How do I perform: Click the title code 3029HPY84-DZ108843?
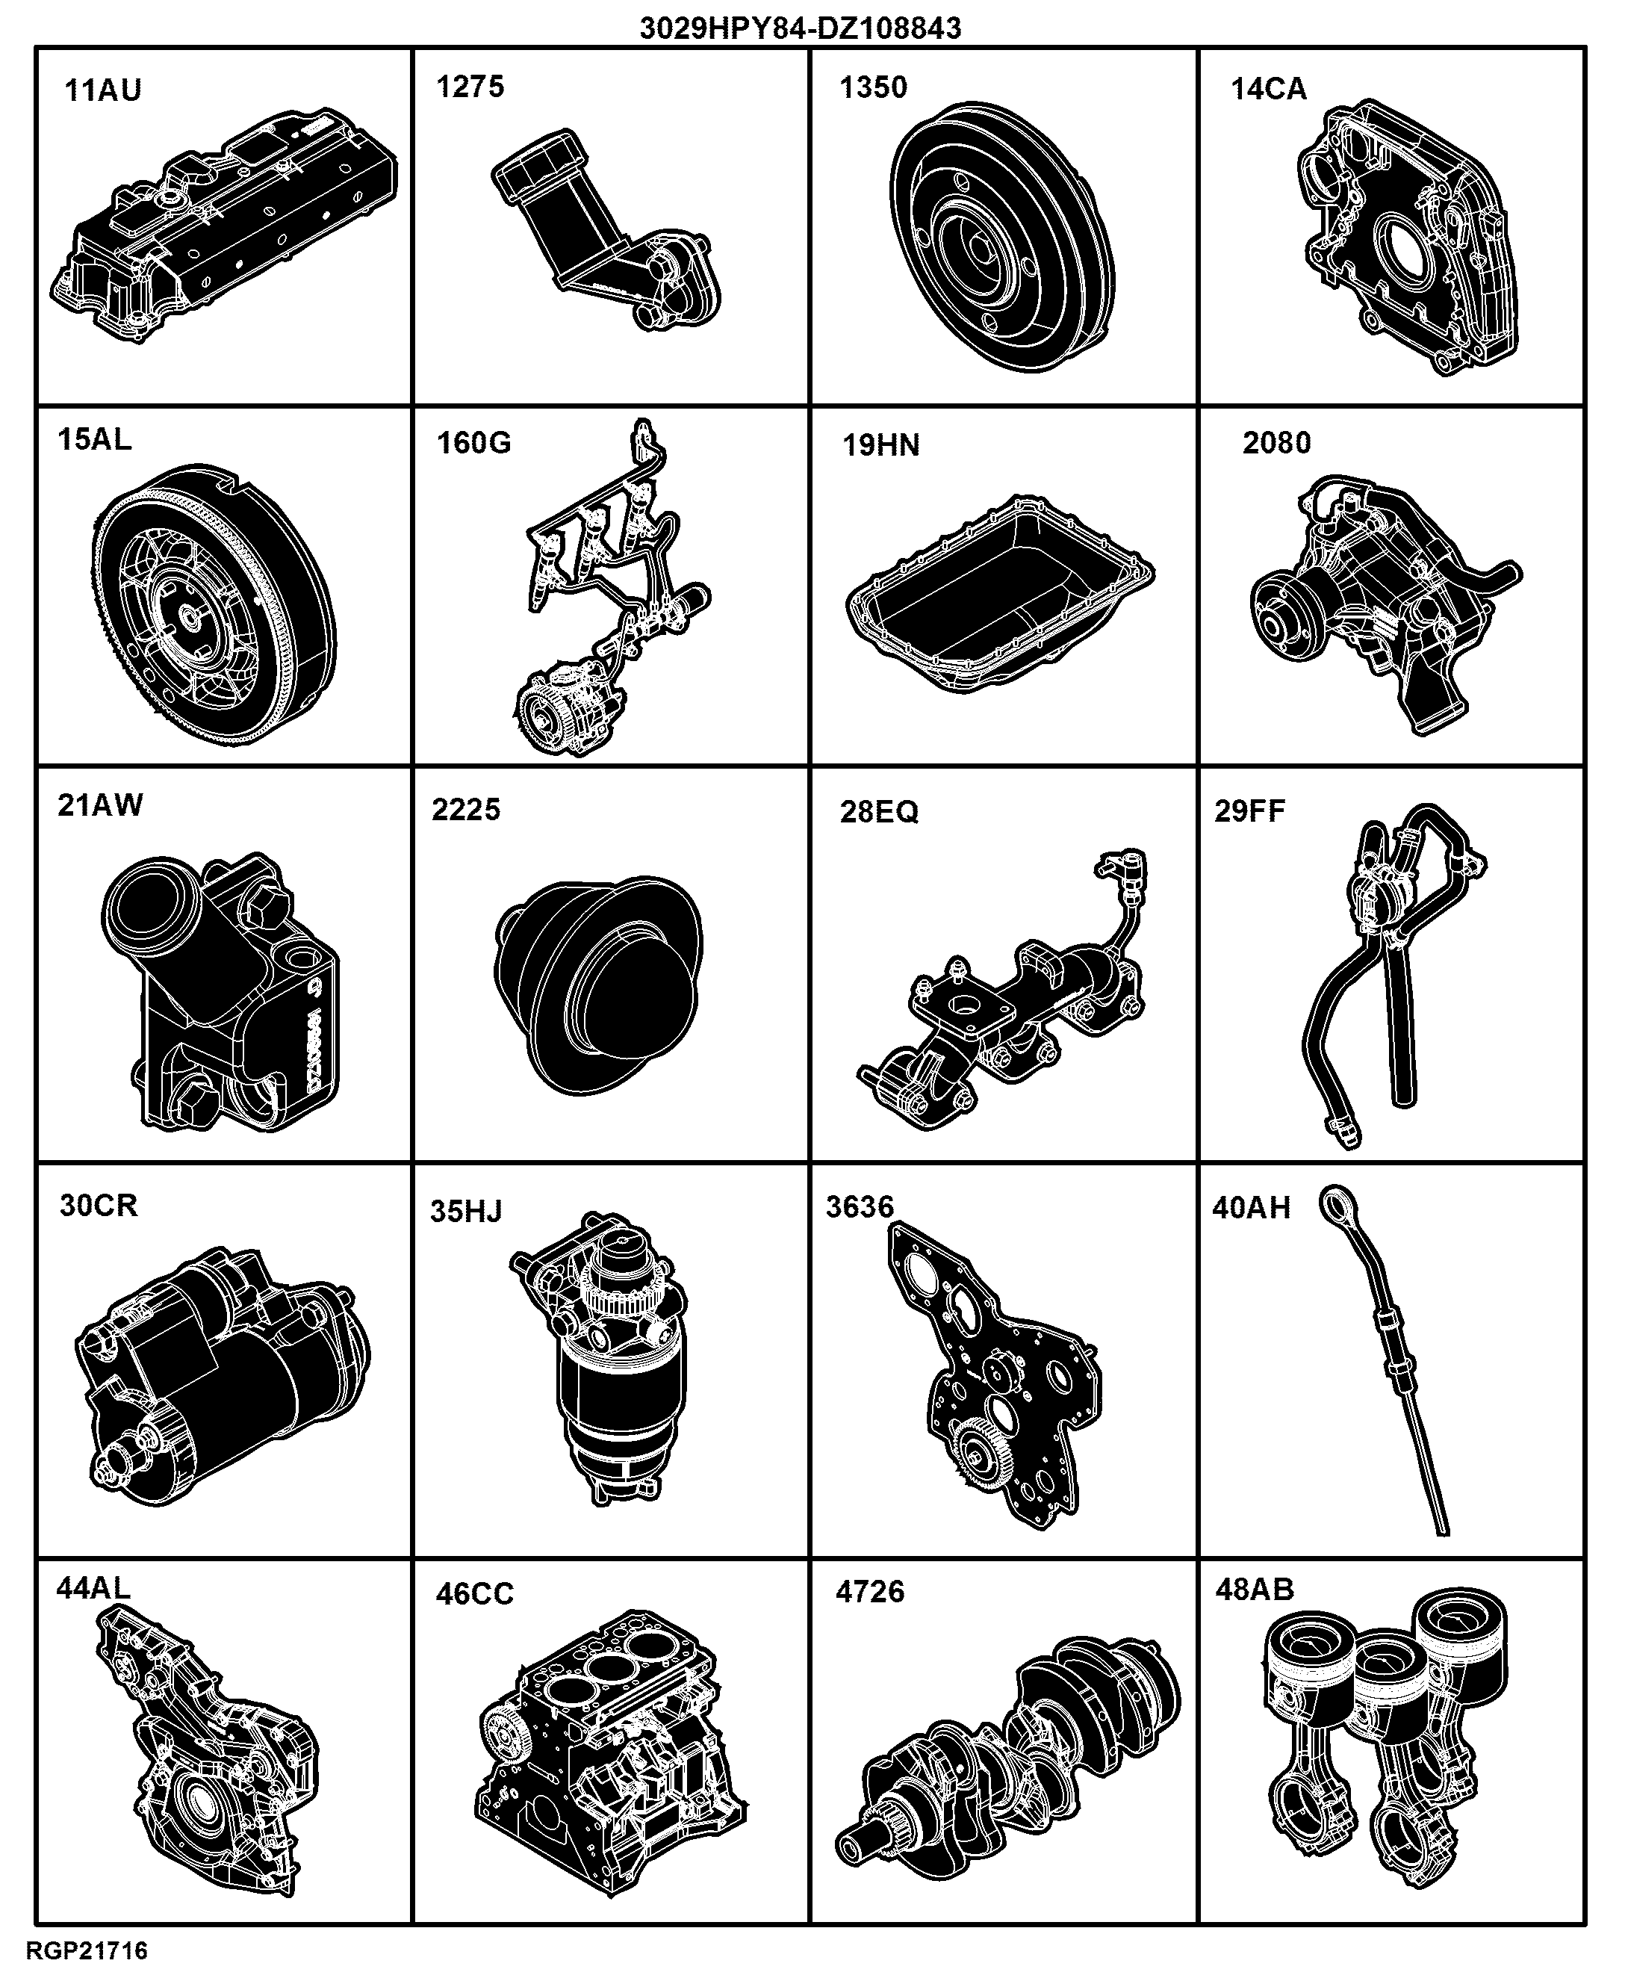[801, 28]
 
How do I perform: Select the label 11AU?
[103, 91]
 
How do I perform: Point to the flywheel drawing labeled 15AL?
[214, 605]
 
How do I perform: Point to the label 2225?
[466, 809]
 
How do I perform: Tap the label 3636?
[860, 1207]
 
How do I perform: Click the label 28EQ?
[879, 811]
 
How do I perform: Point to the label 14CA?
[1268, 89]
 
